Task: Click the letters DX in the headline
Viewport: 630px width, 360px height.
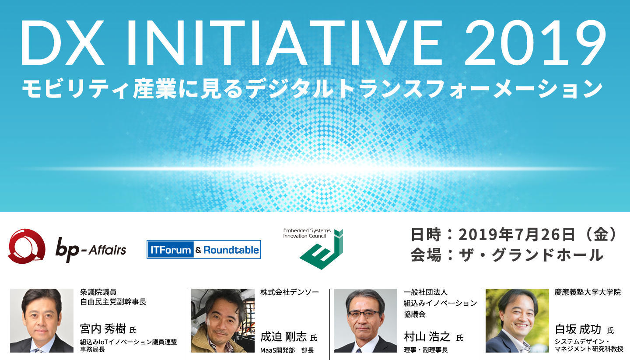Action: [63, 43]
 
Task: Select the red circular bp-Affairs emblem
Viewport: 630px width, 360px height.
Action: [27, 246]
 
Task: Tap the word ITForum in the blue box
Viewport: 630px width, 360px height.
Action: [171, 250]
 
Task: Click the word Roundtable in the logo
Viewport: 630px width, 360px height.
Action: [231, 250]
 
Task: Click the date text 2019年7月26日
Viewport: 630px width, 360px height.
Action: [517, 234]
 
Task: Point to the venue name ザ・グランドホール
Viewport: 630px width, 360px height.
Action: [531, 255]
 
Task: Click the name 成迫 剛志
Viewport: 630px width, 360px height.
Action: [283, 337]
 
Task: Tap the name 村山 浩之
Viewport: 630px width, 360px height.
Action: [427, 337]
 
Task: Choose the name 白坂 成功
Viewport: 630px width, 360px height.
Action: [578, 329]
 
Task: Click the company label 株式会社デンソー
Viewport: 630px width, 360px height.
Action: [290, 292]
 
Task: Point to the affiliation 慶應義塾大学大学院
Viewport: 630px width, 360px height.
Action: [588, 292]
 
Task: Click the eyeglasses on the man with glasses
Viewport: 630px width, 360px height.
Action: [364, 314]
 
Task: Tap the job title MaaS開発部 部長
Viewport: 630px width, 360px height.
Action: [287, 350]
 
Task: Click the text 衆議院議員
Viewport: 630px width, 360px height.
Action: [98, 292]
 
